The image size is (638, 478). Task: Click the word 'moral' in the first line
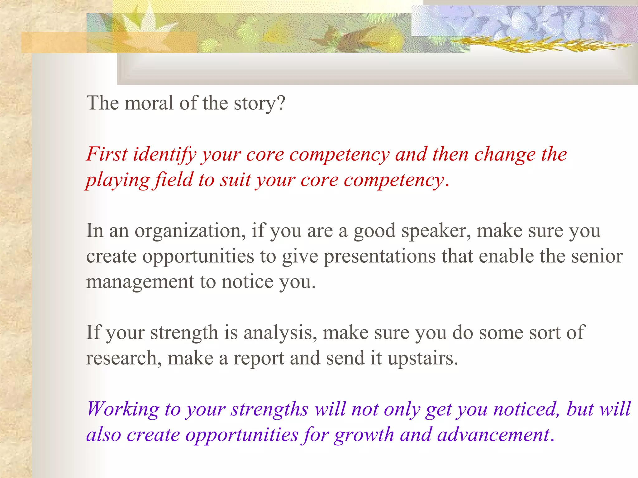149,103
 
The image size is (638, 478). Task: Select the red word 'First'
107,154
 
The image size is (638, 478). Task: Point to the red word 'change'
505,155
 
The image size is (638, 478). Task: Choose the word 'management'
140,282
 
